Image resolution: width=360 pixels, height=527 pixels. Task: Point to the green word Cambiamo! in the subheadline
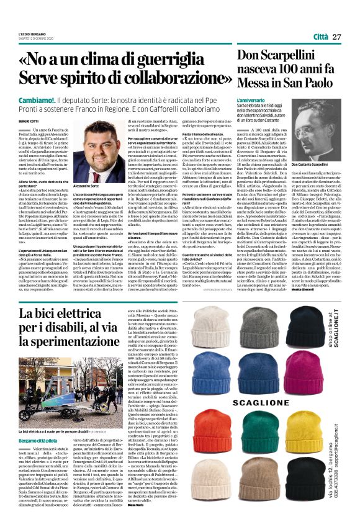coord(37,101)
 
